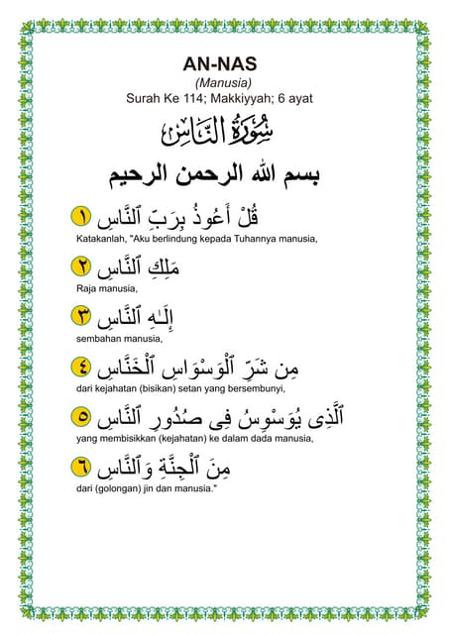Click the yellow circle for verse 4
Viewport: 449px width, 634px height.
[x=83, y=367]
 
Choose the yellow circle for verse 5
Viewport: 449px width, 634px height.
[x=83, y=416]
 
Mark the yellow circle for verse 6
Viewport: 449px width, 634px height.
[x=83, y=465]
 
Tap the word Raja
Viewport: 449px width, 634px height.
[x=86, y=288]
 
